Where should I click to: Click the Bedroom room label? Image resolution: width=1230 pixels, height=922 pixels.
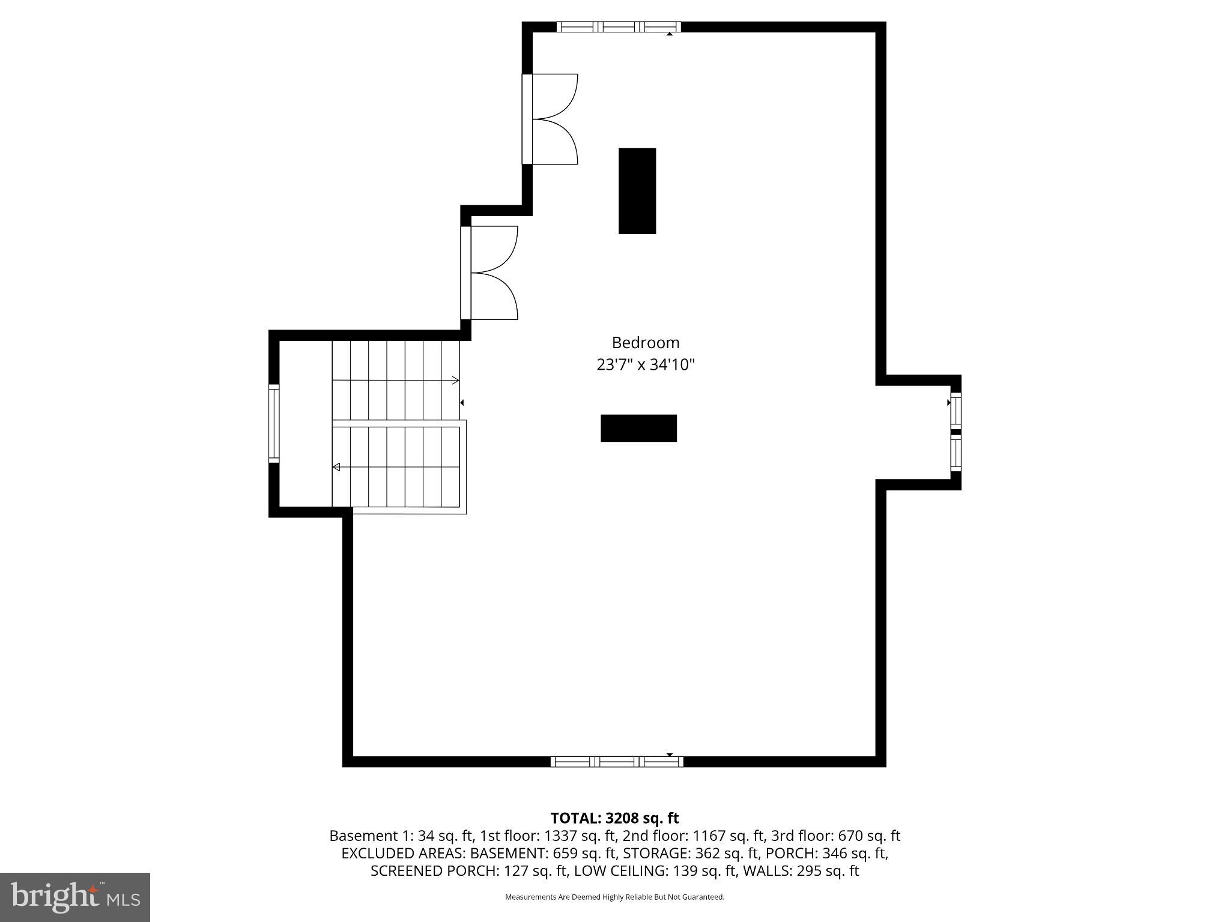click(645, 343)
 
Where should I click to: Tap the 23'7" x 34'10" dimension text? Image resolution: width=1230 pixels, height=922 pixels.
click(645, 364)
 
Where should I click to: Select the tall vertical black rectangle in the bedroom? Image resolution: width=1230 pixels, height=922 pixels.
click(637, 191)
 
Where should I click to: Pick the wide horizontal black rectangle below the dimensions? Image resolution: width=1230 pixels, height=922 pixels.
click(638, 428)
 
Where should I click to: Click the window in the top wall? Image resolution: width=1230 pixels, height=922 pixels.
click(619, 26)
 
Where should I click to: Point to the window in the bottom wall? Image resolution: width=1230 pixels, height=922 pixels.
click(617, 761)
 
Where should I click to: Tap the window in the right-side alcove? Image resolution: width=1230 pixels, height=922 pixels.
click(956, 432)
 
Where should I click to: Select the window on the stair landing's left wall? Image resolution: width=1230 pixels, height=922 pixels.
click(274, 423)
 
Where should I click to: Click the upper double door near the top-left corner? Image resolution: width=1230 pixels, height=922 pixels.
click(550, 119)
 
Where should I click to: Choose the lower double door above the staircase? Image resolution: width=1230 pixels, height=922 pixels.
click(489, 273)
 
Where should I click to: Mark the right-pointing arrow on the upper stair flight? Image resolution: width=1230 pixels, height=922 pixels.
click(455, 380)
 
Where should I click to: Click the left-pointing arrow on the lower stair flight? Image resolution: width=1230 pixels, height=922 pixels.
click(336, 467)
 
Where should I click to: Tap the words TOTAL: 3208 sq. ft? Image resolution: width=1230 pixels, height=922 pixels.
click(614, 818)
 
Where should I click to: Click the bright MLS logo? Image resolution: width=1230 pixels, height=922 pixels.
click(75, 897)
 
